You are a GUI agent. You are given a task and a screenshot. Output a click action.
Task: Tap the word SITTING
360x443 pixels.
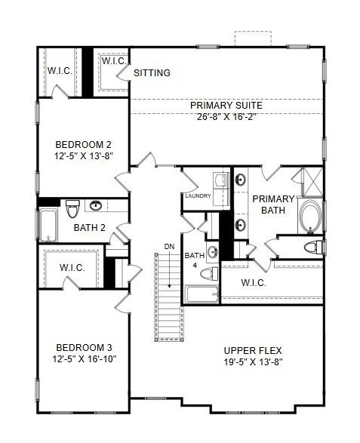pos(152,73)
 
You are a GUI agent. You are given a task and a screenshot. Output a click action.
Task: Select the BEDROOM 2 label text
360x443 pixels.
pos(84,146)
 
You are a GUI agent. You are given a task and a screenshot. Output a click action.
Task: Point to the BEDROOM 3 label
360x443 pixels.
pos(84,347)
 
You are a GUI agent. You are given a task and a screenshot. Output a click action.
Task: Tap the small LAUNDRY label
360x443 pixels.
pos(197,196)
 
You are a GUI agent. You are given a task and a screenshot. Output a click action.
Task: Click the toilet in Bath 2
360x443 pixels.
pos(73,208)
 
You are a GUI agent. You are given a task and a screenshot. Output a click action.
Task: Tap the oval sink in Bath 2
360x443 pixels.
pos(97,205)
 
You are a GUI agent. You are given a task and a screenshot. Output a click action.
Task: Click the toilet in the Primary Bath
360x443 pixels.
pos(312,247)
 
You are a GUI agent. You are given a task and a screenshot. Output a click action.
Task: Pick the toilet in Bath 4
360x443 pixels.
pos(214,273)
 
